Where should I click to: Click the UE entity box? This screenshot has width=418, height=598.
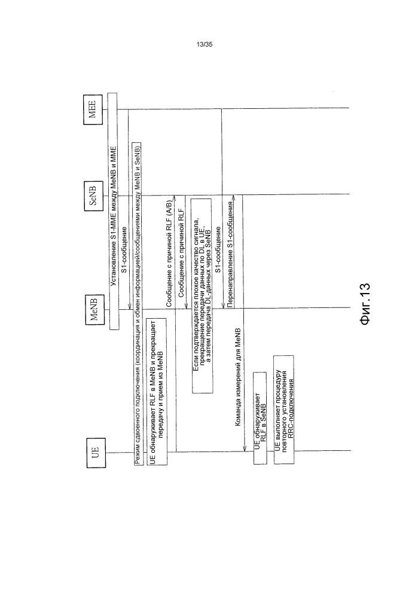tap(95, 453)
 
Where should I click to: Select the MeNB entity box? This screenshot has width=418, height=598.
tap(94, 309)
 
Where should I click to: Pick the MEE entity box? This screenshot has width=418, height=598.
tap(93, 109)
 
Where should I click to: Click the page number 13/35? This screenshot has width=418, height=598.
tap(205, 45)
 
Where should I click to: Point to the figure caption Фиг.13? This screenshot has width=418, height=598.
tap(365, 304)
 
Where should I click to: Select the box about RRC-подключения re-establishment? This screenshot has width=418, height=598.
tap(284, 410)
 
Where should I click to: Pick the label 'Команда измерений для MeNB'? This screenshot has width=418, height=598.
tap(238, 376)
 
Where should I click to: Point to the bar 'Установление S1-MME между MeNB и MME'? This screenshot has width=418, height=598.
tap(113, 211)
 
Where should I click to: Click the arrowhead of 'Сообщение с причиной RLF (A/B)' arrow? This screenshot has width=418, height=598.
tap(175, 198)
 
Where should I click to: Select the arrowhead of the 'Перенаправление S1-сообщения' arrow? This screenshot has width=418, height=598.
tap(234, 198)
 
